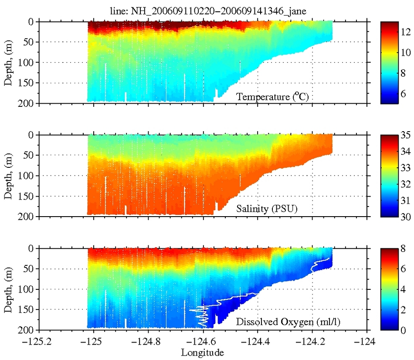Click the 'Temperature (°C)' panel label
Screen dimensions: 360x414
pos(272,97)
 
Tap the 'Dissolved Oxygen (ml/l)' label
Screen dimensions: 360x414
pos(288,323)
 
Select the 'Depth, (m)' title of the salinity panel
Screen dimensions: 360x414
pos(9,176)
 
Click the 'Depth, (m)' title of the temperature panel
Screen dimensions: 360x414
pos(9,62)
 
